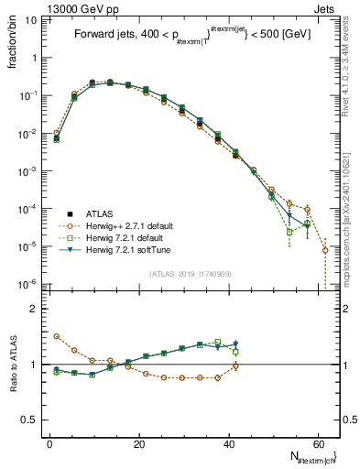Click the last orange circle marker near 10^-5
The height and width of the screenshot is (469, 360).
pos(325,249)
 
